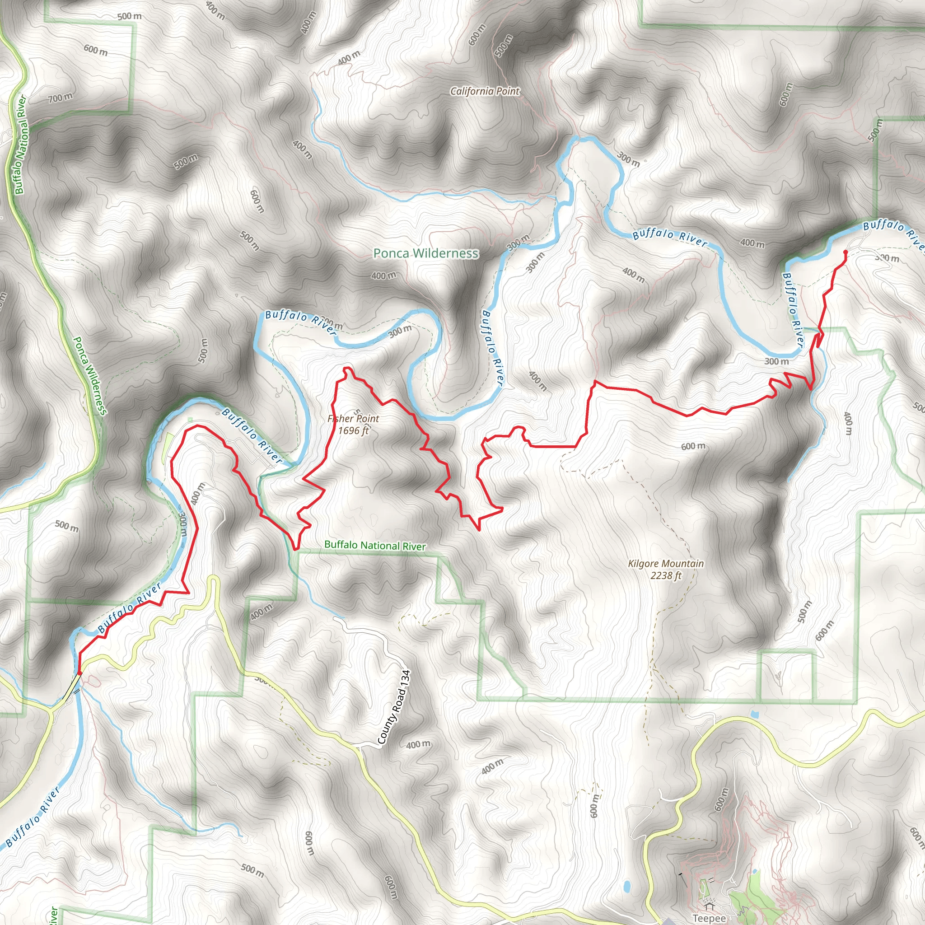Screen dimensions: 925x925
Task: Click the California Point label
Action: [x=485, y=91]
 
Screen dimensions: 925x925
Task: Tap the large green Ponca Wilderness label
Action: [x=425, y=253]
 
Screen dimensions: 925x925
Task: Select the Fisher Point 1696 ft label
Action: [x=353, y=424]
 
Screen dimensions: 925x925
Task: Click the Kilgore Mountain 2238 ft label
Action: [x=665, y=569]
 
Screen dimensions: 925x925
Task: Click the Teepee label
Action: [x=709, y=918]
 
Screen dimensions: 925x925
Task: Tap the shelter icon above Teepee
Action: [x=709, y=906]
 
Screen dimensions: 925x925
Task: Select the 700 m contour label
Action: [x=61, y=98]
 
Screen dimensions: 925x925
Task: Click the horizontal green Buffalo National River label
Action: [x=374, y=545]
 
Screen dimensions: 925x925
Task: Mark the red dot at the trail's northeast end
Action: [x=845, y=252]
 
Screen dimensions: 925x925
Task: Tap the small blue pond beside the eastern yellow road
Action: [x=755, y=715]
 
